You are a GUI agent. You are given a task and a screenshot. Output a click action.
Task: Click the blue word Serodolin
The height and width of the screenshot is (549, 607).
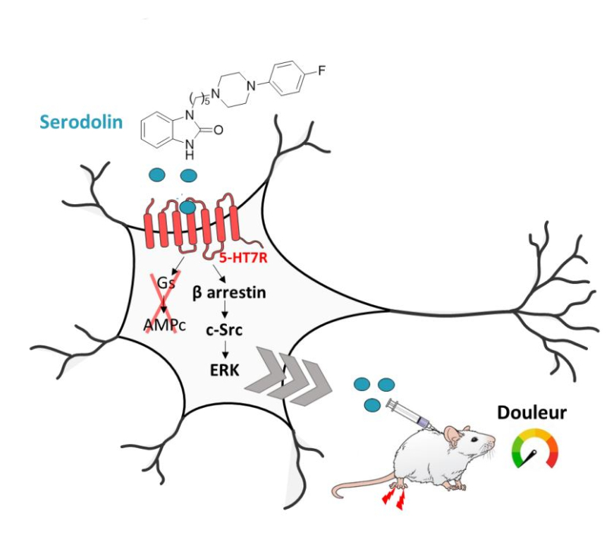81,121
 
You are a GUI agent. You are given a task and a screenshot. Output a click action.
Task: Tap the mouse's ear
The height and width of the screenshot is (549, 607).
453,434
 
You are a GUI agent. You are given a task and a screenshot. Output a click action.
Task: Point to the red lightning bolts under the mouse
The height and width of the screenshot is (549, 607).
395,497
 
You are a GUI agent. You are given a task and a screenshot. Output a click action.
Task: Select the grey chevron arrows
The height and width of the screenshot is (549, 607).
292,375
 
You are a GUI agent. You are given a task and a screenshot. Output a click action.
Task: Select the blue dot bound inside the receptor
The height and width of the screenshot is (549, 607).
188,206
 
